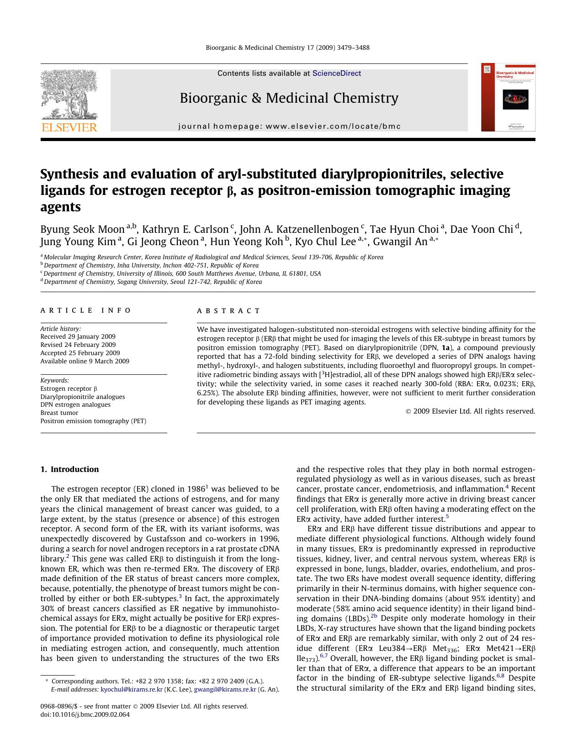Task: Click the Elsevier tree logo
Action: click(x=69, y=95)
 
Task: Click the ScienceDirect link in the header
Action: click(x=336, y=73)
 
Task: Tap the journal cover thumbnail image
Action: click(x=508, y=97)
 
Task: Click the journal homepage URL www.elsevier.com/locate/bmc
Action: click(x=333, y=126)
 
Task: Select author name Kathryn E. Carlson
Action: click(x=185, y=229)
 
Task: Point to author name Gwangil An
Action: click(x=400, y=242)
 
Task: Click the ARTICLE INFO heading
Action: click(x=85, y=310)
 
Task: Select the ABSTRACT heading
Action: click(x=228, y=311)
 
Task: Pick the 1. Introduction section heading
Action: click(x=69, y=469)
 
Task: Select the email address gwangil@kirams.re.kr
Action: click(x=225, y=689)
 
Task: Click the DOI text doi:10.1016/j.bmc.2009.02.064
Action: click(x=85, y=714)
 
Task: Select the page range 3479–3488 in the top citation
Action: click(x=354, y=47)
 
